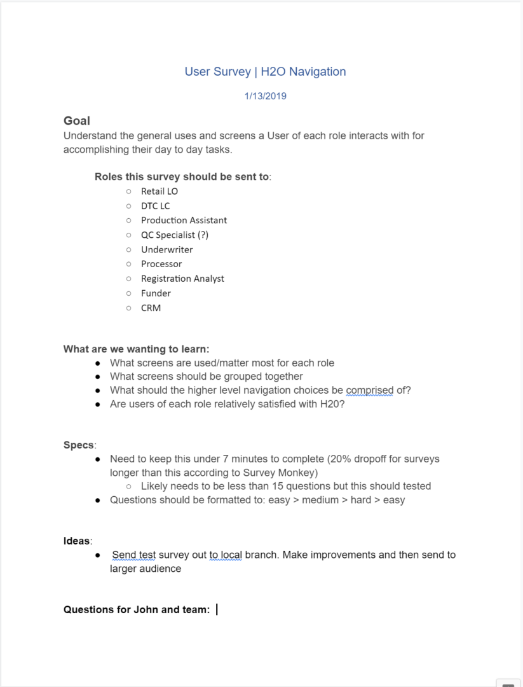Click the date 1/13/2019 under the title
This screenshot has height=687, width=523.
pos(265,97)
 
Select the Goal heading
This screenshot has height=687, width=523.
pos(77,121)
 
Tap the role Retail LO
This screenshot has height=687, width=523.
pos(160,191)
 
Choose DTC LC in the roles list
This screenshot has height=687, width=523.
pos(155,205)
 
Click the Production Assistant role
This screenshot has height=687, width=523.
pos(184,220)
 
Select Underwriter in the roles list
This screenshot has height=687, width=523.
pos(166,249)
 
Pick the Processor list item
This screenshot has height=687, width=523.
pos(161,264)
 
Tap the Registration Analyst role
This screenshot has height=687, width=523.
pos(182,279)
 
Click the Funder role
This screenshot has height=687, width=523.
pos(156,293)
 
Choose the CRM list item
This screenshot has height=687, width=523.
pos(151,308)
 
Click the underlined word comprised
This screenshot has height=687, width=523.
pos(369,390)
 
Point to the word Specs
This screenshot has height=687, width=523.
pos(78,445)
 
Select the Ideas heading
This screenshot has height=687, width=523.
pos(77,541)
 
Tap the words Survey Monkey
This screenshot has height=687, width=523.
pos(288,473)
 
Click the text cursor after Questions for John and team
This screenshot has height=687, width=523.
pos(217,609)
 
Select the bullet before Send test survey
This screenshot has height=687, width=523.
pos(98,555)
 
